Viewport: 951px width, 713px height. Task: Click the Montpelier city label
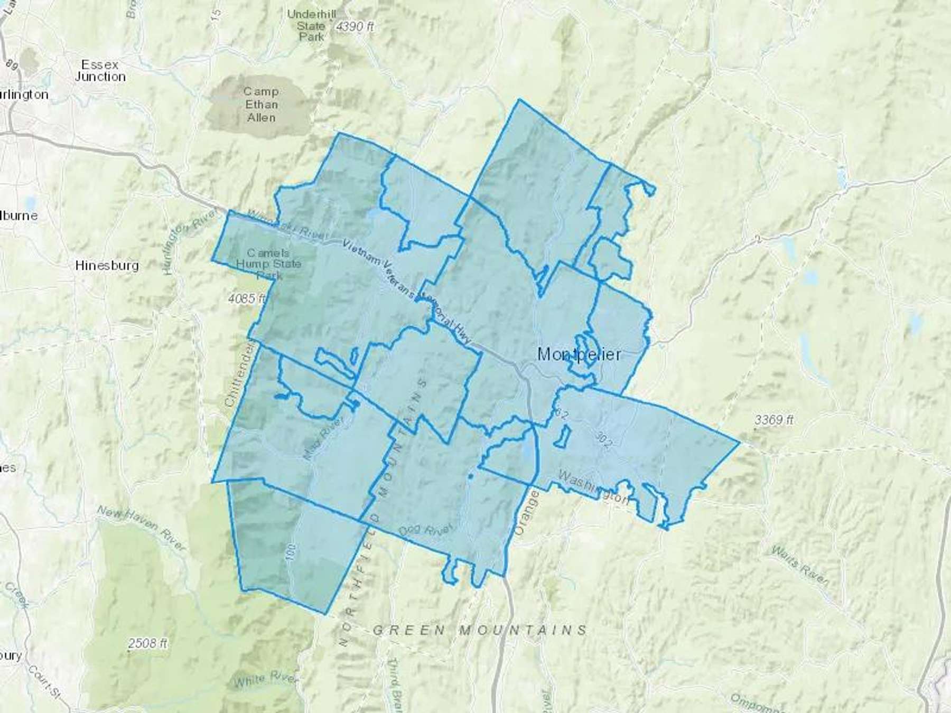(579, 354)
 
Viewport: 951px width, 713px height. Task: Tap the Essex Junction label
(100, 70)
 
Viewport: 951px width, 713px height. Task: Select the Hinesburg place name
(107, 265)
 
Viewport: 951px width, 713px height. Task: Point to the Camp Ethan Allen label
(261, 104)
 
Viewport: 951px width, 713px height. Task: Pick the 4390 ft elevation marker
(355, 26)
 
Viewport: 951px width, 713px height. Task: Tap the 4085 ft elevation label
(247, 298)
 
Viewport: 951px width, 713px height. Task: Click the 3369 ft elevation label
(774, 420)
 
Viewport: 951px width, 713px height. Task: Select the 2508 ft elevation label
(148, 643)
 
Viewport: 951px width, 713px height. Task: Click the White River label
(266, 679)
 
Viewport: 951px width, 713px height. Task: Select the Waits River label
(799, 567)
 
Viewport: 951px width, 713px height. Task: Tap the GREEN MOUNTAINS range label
(480, 630)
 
